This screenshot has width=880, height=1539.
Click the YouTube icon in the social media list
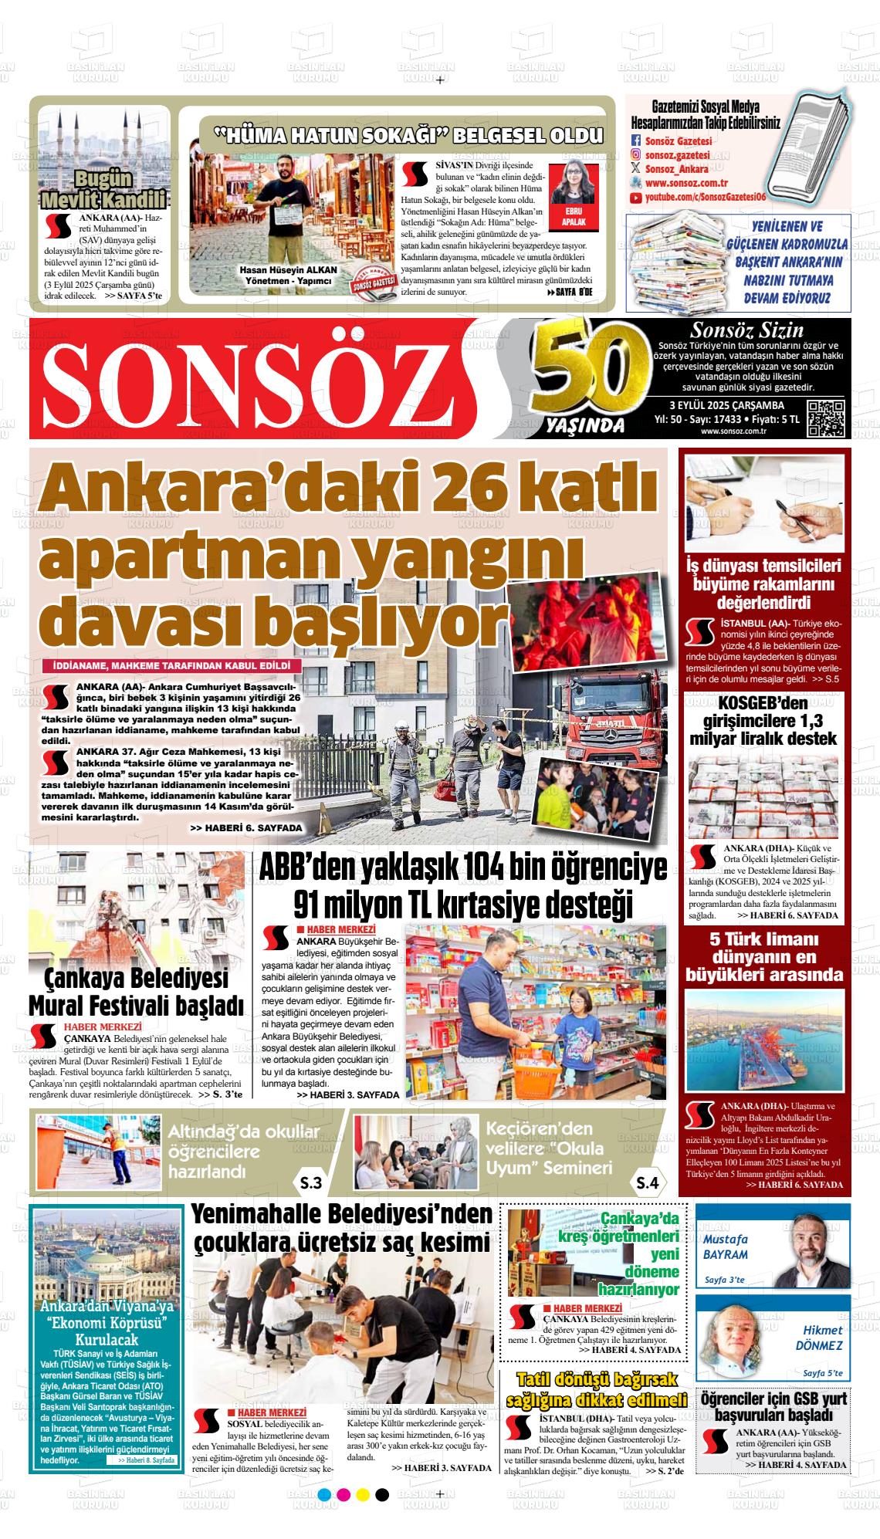636,198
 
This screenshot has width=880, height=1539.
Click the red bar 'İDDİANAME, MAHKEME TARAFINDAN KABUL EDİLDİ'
171,665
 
